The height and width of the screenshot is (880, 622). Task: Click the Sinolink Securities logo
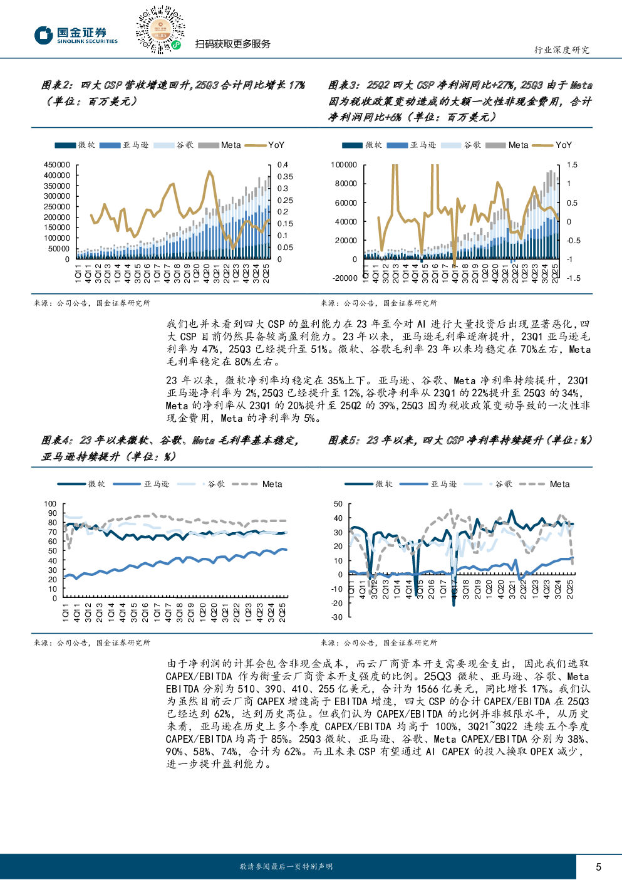click(x=76, y=35)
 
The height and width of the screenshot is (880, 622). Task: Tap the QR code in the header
click(x=160, y=29)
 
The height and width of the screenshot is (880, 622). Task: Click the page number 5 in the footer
click(x=598, y=867)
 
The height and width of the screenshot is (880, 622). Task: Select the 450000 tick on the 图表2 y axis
click(x=57, y=165)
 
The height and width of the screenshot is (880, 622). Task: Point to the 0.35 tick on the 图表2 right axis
click(x=285, y=177)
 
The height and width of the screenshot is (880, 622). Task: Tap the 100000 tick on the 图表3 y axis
click(x=344, y=165)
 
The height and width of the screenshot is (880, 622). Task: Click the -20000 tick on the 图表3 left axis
click(x=345, y=278)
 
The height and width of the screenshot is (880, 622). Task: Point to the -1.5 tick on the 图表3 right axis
click(x=573, y=278)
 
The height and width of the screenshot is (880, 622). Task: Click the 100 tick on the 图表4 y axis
click(x=51, y=504)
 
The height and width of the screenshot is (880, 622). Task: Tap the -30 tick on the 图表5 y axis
click(x=338, y=617)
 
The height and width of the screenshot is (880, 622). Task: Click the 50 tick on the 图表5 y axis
click(x=338, y=504)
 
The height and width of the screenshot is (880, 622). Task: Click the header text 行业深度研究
click(x=561, y=50)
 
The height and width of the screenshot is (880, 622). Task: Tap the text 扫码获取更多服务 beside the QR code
click(x=232, y=44)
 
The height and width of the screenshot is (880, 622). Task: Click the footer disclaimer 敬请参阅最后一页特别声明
click(x=286, y=867)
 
